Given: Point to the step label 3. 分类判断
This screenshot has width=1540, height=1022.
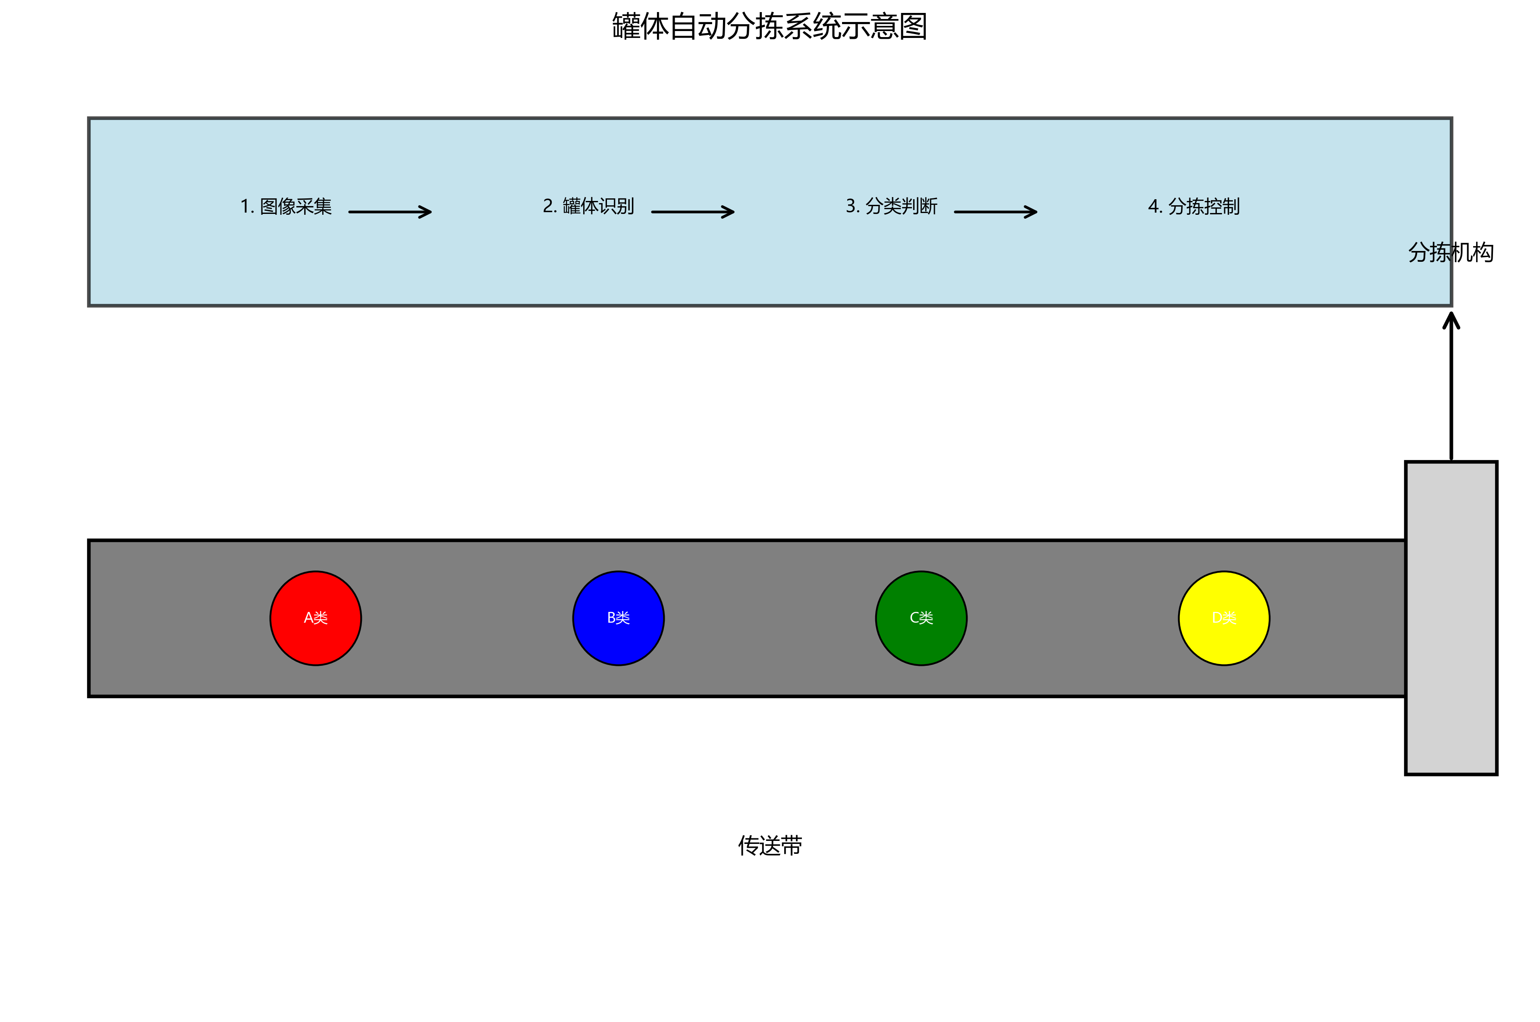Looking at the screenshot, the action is point(891,207).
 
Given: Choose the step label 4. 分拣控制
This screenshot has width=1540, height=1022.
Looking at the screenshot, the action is point(1194,207).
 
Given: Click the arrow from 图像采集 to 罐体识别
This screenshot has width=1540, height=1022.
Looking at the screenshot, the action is point(390,212).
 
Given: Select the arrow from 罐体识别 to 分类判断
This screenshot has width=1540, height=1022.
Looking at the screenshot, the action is point(692,212).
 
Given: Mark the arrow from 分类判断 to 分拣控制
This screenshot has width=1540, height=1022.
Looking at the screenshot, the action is point(996,212).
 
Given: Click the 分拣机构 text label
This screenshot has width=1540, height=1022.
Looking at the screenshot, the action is point(1451,252).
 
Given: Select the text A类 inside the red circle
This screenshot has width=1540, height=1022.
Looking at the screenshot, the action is point(316,618).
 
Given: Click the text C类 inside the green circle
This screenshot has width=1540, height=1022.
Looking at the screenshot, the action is point(921,618).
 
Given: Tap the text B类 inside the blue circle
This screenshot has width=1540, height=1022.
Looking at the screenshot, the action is point(619,618).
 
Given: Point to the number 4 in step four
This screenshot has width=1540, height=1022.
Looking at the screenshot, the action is point(1153,207).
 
